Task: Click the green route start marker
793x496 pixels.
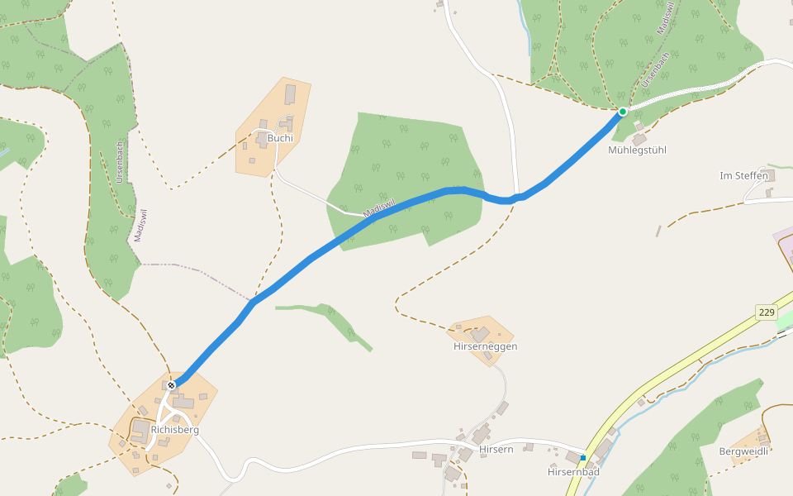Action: pos(622,111)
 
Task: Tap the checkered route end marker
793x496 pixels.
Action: pos(172,385)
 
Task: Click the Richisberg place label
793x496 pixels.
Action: pos(175,430)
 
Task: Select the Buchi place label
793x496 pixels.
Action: pos(280,138)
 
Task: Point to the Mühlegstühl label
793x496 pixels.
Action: pos(637,150)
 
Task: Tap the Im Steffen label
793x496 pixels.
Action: pos(743,176)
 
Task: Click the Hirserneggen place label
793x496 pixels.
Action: pos(486,346)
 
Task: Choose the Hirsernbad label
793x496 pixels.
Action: pos(573,472)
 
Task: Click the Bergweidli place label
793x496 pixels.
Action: pos(743,451)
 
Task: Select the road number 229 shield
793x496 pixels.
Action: pos(767,312)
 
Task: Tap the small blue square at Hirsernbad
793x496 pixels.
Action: pos(583,457)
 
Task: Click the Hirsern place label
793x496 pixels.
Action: pos(496,449)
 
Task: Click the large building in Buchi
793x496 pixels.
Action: pos(290,93)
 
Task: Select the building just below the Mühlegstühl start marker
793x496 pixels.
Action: pos(639,139)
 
